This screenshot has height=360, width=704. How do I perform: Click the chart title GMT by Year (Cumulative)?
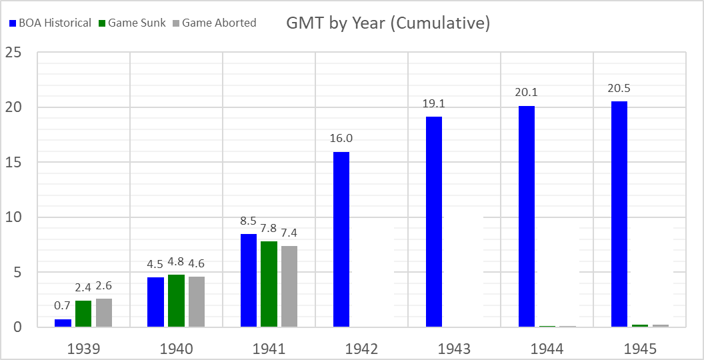(x=388, y=23)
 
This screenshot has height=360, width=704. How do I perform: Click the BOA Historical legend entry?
(x=50, y=23)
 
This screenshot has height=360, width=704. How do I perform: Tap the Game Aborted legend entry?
(x=213, y=23)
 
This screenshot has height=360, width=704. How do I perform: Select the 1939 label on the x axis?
(x=83, y=349)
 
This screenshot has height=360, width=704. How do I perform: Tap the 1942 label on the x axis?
(x=362, y=349)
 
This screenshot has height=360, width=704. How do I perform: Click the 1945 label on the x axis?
(x=640, y=349)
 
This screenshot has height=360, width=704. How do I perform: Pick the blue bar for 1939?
(x=63, y=323)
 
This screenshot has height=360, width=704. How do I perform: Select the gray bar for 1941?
(x=289, y=286)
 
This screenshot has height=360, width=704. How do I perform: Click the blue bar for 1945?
(x=619, y=213)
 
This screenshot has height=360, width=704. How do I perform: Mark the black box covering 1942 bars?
(x=373, y=272)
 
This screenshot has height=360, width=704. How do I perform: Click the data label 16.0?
(x=341, y=138)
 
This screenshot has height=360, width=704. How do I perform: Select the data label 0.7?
(x=63, y=306)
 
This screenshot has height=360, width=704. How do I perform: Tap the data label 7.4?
(x=289, y=233)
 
